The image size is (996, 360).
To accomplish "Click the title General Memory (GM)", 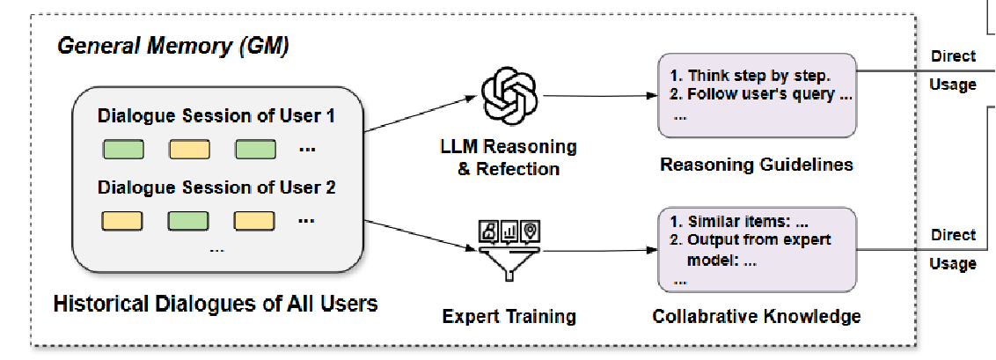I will (x=172, y=46).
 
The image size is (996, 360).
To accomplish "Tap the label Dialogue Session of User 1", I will (x=216, y=116).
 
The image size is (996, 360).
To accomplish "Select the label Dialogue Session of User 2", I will (x=216, y=187).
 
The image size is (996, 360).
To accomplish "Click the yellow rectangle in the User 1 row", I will (x=188, y=150).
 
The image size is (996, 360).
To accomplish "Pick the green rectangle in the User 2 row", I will (x=188, y=220).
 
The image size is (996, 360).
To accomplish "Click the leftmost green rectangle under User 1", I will (x=123, y=150).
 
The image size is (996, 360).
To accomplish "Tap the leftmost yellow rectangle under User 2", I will (x=123, y=220).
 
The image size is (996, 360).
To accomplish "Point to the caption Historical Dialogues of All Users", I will (x=216, y=305).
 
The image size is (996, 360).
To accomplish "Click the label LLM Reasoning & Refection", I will (x=509, y=157).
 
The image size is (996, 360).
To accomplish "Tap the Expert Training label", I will (x=509, y=316).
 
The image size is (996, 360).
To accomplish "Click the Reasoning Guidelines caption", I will (x=757, y=165).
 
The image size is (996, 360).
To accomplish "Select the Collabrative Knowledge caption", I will (x=757, y=316).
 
